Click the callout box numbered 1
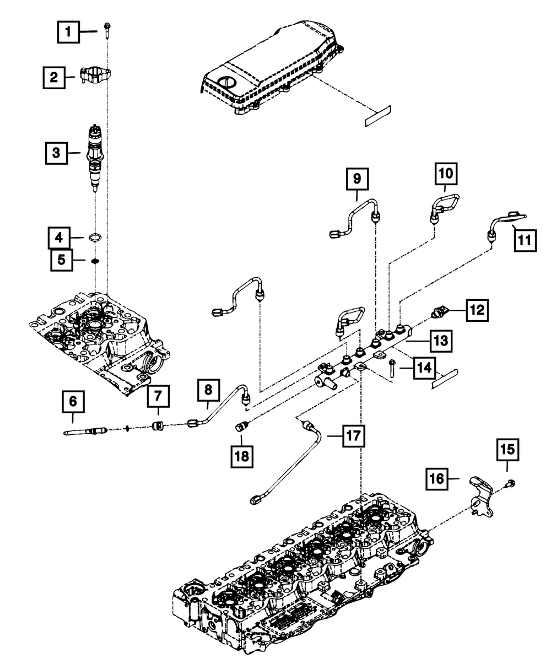(68, 32)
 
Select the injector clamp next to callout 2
(96, 75)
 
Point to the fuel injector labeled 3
(95, 157)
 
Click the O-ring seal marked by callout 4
(95, 238)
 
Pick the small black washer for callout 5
(95, 261)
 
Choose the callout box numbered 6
(73, 401)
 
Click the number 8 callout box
(208, 390)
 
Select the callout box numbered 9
(357, 179)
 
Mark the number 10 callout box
(446, 174)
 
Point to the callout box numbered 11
(525, 240)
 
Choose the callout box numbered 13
(441, 341)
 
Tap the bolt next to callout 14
(392, 369)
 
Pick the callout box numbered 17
(353, 436)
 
